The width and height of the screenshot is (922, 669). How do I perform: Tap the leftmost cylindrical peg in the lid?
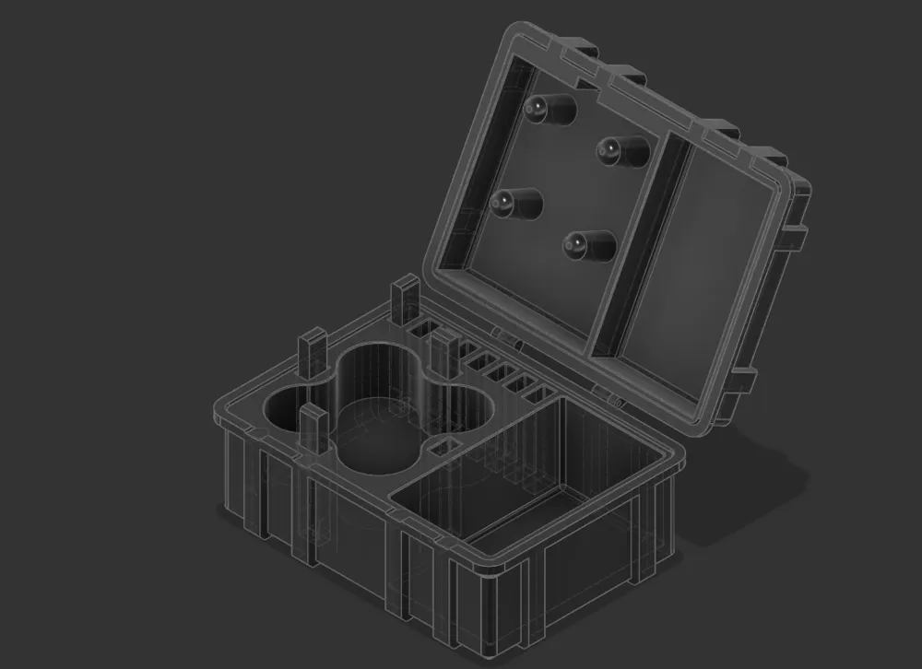(516, 203)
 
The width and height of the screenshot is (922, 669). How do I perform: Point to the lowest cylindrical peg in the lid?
(590, 244)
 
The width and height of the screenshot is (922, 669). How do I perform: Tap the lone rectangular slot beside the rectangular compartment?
(441, 449)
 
